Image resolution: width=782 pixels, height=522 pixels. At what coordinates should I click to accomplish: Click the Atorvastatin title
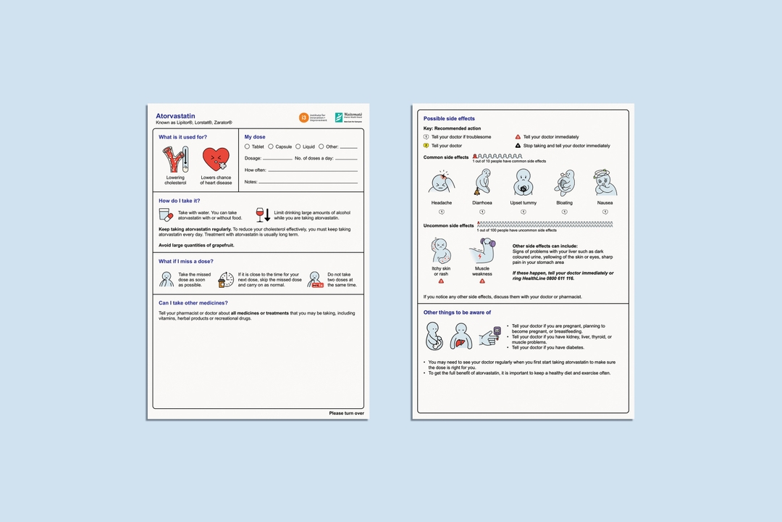175,116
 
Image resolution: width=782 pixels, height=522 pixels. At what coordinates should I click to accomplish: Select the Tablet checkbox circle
247,146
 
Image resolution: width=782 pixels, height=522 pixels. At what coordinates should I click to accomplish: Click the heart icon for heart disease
216,160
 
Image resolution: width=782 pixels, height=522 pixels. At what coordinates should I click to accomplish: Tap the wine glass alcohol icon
260,214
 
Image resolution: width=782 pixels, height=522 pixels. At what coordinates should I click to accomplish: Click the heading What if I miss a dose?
186,261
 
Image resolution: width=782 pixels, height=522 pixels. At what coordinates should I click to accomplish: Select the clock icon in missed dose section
226,280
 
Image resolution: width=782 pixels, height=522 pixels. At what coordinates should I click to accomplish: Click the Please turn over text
346,413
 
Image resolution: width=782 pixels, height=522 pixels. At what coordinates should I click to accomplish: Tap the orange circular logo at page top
304,117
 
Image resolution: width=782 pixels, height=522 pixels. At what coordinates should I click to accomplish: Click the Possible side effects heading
449,118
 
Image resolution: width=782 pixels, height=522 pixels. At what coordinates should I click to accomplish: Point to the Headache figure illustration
441,183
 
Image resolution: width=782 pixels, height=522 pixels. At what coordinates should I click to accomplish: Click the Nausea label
605,203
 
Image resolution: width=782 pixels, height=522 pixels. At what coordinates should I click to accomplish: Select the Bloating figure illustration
564,183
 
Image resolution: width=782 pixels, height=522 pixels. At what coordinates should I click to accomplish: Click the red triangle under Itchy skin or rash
441,281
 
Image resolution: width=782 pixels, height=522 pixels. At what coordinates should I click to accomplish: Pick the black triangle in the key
518,146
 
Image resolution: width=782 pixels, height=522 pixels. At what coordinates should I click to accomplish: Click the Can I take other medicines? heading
193,302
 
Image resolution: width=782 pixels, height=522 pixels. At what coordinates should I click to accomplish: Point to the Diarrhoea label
482,203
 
